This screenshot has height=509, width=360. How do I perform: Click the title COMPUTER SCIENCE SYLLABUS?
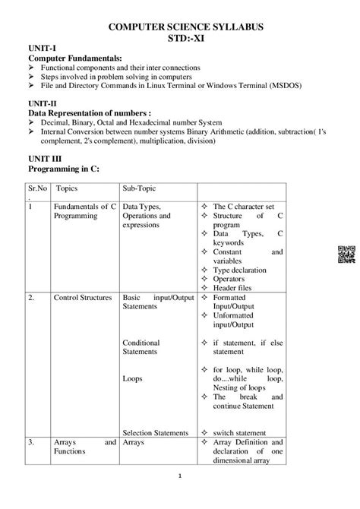tap(180, 27)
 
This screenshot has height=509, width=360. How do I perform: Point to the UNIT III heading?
tap(43, 155)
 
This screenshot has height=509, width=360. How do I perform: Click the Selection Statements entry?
tap(155, 432)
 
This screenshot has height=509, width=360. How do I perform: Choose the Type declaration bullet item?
tap(245, 269)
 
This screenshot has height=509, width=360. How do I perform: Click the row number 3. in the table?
tap(32, 441)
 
